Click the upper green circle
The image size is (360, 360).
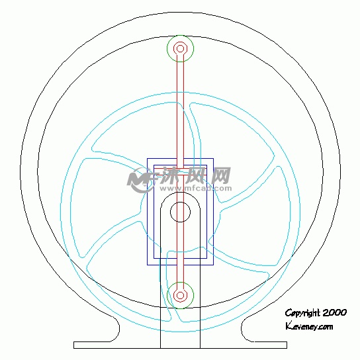(x=181, y=35)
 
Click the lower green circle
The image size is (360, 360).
(x=181, y=282)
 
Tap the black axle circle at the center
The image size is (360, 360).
(x=180, y=202)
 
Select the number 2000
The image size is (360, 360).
(x=334, y=312)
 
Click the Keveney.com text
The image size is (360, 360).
(x=309, y=326)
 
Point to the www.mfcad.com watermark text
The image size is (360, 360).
(x=196, y=189)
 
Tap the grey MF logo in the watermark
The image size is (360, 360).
(x=141, y=179)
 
